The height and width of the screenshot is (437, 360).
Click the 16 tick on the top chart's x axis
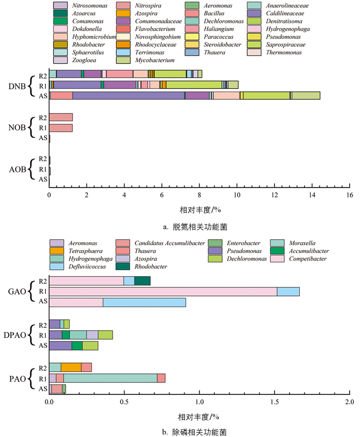[349, 196]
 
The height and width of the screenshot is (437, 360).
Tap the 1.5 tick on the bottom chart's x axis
[274, 400]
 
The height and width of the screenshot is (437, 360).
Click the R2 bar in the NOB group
[61, 117]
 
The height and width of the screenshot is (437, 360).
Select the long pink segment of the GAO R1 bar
[163, 292]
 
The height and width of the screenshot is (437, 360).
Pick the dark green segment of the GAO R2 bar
[142, 281]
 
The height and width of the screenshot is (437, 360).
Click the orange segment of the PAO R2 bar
[71, 367]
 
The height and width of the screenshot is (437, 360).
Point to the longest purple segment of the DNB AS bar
[129, 95]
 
